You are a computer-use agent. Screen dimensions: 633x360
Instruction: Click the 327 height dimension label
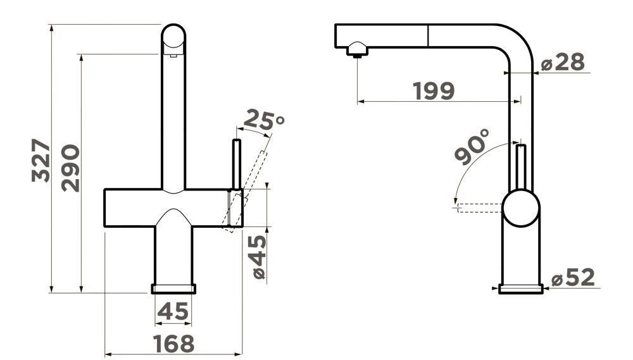click(41, 160)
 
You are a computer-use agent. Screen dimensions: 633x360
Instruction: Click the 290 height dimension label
click(71, 168)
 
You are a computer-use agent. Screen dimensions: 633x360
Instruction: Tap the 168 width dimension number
click(173, 344)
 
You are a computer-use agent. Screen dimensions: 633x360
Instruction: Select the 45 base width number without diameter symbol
click(173, 311)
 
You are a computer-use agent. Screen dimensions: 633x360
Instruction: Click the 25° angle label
click(265, 120)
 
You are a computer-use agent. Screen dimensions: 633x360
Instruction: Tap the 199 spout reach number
click(434, 91)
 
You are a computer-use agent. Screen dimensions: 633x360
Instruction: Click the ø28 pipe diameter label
click(563, 62)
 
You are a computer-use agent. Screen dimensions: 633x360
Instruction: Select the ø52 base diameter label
click(573, 277)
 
